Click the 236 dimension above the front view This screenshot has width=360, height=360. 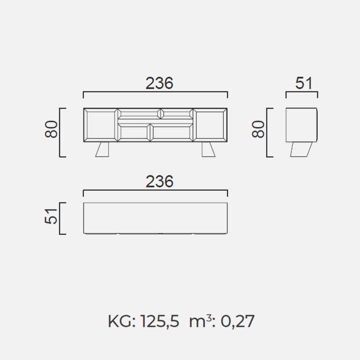tap(159, 83)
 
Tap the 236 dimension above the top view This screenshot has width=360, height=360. tap(159, 181)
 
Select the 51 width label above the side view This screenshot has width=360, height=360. tap(303, 83)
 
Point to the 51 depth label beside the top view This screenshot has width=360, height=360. tap(50, 216)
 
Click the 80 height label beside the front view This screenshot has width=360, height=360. tap(51, 129)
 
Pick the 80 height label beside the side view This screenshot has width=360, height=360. tap(258, 129)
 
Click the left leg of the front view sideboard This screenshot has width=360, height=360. tap(102, 149)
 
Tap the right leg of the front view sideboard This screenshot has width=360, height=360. tap(208, 149)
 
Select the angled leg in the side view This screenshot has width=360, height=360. tap(301, 149)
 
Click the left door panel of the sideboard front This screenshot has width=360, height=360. tap(101, 125)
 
